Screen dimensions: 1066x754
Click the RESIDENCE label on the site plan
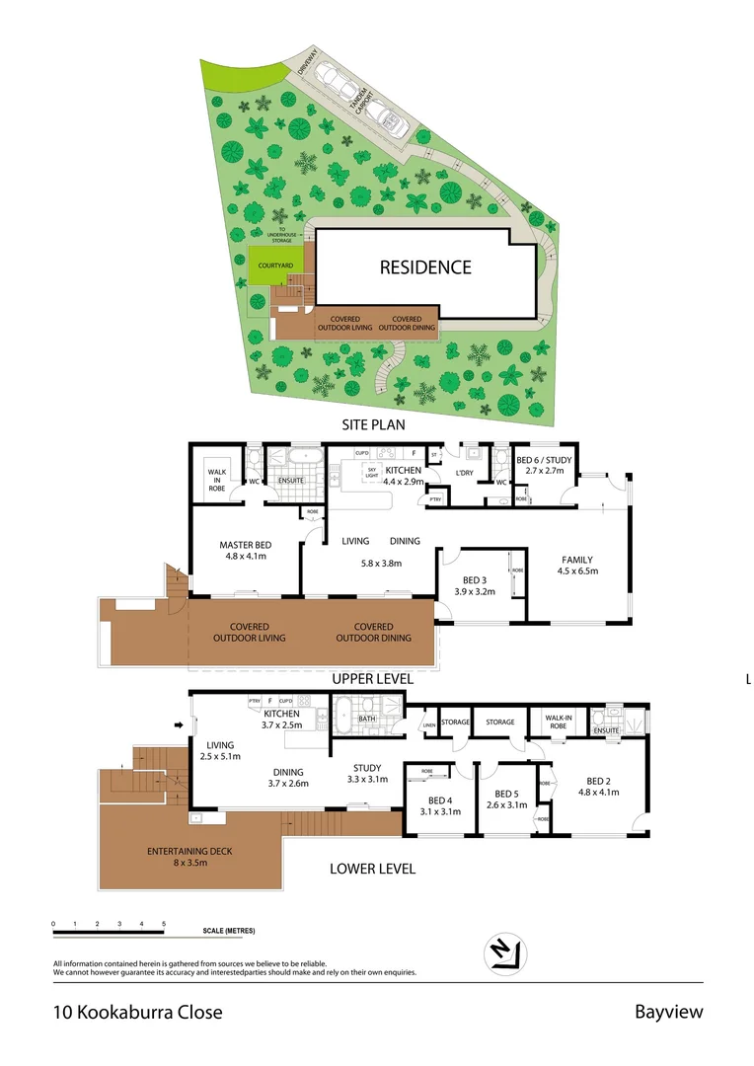425,267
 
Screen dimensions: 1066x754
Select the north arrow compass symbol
505,952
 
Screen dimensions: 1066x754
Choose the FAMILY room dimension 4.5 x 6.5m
577,571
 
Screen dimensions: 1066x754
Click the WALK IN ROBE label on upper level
216,479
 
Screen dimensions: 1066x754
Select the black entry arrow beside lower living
180,727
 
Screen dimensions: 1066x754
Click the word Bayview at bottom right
668,1012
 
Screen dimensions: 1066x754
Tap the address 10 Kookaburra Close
137,1012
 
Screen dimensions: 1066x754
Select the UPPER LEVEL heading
372,679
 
